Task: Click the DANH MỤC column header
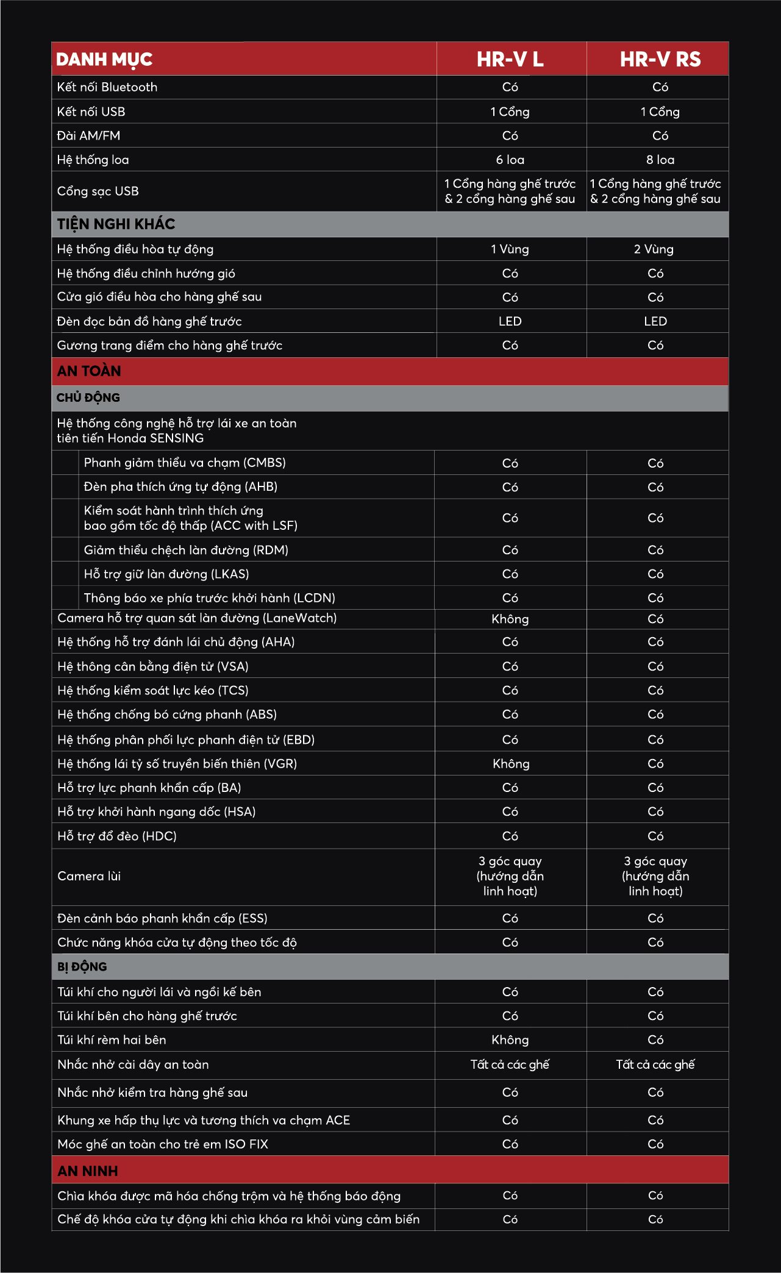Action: [104, 59]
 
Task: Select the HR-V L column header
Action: [510, 59]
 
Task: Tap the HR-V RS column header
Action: [660, 59]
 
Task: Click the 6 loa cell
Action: [510, 160]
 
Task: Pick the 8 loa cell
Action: [660, 160]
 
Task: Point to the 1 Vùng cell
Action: [510, 249]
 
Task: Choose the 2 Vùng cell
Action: [654, 249]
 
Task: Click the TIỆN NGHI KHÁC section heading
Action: [116, 224]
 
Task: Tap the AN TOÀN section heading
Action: [89, 371]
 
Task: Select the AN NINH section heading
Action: [88, 1171]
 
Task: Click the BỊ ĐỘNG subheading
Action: [82, 966]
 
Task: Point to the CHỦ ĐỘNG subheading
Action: [88, 398]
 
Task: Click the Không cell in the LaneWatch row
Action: [510, 619]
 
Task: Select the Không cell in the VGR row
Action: [511, 764]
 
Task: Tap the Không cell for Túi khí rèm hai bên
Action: [510, 1040]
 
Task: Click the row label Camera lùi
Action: [89, 876]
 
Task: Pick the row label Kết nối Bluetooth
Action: [107, 87]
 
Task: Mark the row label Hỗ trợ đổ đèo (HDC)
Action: [117, 836]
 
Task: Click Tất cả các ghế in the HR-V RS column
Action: [655, 1064]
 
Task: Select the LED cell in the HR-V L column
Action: [510, 321]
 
